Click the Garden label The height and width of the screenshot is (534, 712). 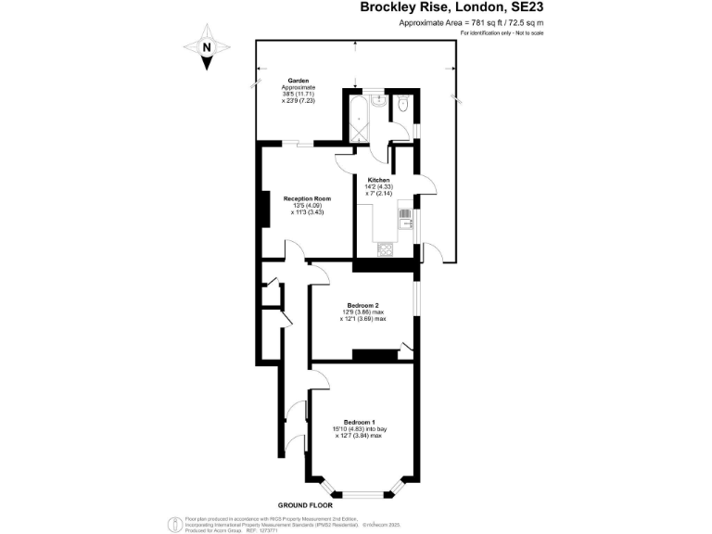pyautogui.click(x=298, y=81)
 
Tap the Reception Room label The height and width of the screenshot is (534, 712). pyautogui.click(x=307, y=198)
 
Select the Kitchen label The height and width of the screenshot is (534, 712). pyautogui.click(x=378, y=180)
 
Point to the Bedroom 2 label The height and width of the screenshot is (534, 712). pyautogui.click(x=362, y=305)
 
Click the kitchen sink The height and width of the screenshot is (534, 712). pyautogui.click(x=404, y=220)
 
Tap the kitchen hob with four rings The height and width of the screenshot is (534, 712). pyautogui.click(x=385, y=249)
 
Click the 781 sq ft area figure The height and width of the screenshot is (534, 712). pyautogui.click(x=489, y=23)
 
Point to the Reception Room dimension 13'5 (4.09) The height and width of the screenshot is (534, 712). pyautogui.click(x=307, y=206)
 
